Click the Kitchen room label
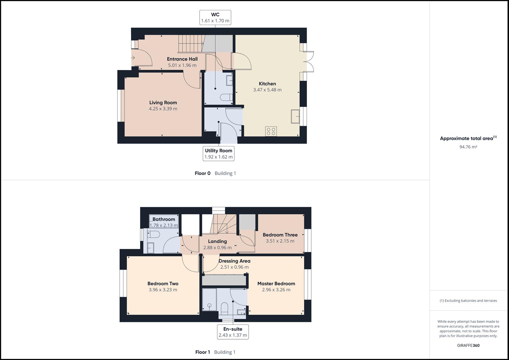pos(267,84)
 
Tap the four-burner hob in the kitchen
pos(271,131)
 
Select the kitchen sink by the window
pos(295,116)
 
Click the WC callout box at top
pos(215,18)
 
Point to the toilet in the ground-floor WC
pos(226,97)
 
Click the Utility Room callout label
pos(219,154)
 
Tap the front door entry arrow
pos(133,58)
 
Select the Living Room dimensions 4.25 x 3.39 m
pos(163,109)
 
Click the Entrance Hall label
pos(182,59)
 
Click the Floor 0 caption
pos(203,173)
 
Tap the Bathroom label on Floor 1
pos(164,219)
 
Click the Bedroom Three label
pos(280,235)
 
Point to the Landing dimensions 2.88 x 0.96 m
pos(217,248)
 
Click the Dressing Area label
pos(234,261)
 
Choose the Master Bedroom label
pos(276,284)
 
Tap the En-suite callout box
pos(233,332)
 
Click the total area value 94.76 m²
pos(468,147)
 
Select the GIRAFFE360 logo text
pos(468,345)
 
